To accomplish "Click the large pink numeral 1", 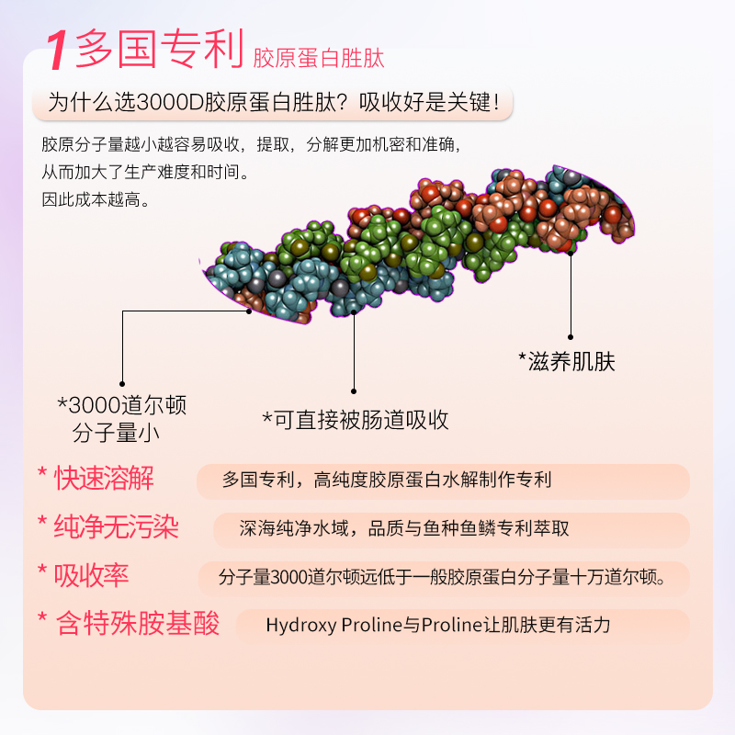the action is pos(57,51).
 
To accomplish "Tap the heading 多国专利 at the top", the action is pos(158,51).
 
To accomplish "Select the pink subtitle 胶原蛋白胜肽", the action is pos(318,59).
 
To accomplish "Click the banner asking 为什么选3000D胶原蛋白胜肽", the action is pos(272,102).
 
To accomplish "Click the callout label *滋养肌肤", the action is pos(566,361).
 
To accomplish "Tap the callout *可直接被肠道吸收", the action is pos(356,420).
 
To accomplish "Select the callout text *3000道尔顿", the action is pos(122,405).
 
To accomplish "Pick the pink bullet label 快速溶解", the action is pos(104,478).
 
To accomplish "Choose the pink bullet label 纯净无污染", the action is pos(116,526).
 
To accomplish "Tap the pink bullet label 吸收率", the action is pos(91,575).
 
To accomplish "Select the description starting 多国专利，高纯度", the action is pos(386,480).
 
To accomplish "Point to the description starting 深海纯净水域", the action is pos(404,528).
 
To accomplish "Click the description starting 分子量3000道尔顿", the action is pos(441,577).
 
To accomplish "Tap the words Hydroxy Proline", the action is pos(334,626).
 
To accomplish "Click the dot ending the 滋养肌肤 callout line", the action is pos(570,337).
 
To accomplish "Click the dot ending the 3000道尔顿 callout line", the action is pos(122,384).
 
